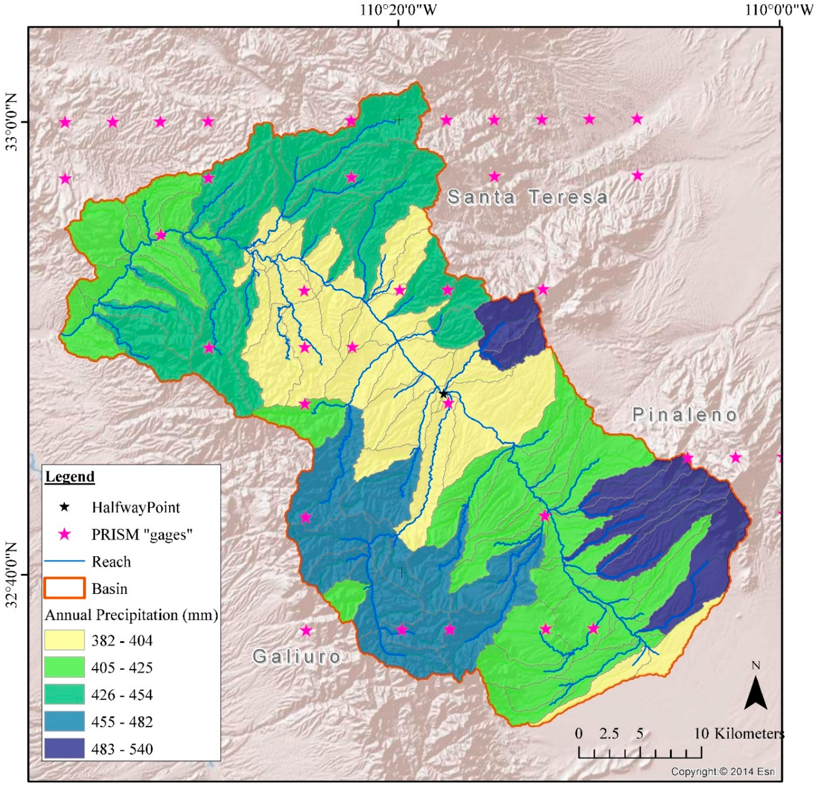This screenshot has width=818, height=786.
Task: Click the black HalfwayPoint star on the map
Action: [x=443, y=394]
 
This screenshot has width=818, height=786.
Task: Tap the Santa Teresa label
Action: [x=528, y=197]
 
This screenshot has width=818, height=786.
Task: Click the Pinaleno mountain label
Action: [x=685, y=415]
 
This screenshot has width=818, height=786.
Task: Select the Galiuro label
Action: [x=297, y=657]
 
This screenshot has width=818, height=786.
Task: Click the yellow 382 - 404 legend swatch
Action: [x=65, y=640]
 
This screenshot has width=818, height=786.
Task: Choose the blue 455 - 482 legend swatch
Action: [x=65, y=721]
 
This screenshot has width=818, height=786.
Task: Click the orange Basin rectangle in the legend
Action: [x=65, y=588]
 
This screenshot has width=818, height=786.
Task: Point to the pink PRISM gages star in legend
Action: [x=64, y=534]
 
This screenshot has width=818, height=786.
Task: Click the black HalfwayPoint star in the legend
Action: [x=64, y=507]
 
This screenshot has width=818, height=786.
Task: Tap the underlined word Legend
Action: [x=70, y=476]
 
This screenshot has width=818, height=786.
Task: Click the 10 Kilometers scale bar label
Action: [x=739, y=734]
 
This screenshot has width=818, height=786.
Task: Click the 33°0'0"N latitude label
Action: [x=12, y=122]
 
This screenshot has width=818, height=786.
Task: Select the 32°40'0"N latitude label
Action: [x=12, y=575]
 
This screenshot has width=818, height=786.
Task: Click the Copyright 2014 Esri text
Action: [x=723, y=772]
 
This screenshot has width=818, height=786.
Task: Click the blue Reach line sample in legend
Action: [x=65, y=561]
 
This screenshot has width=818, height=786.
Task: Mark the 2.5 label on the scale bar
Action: [x=609, y=734]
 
